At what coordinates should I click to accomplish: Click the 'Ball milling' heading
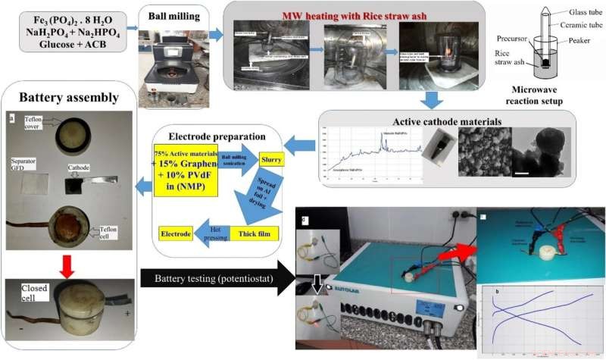pos(168,11)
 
